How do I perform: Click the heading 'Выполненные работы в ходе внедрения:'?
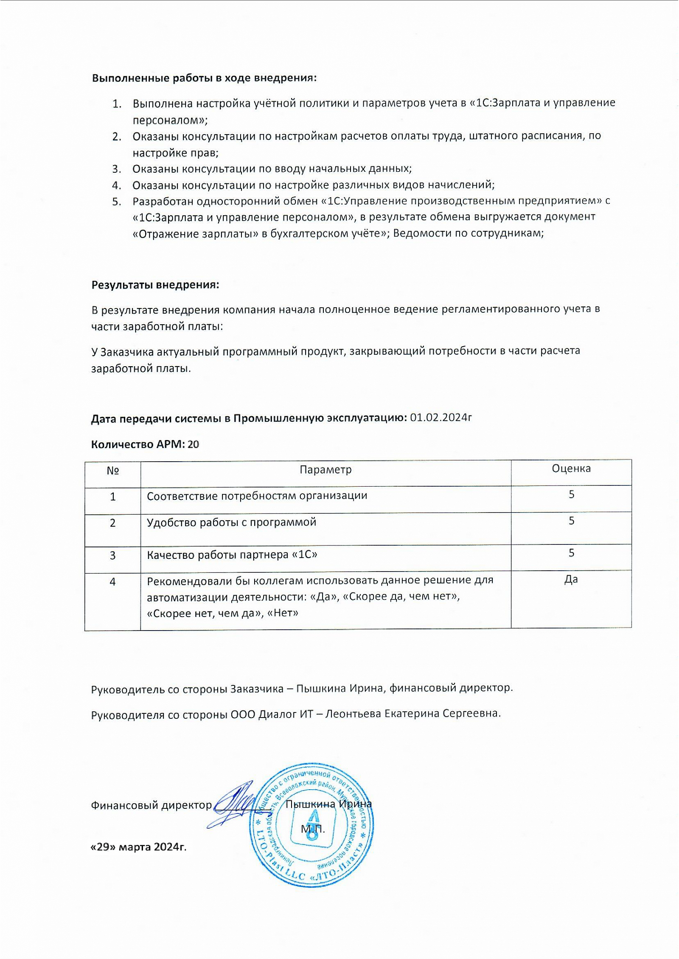(x=204, y=78)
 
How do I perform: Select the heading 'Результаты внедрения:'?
(x=155, y=285)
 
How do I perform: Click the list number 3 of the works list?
(x=117, y=169)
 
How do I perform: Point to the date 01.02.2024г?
(x=441, y=418)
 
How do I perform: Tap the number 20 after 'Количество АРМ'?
(x=193, y=444)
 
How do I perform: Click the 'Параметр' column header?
(x=325, y=470)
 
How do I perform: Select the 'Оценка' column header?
(x=571, y=468)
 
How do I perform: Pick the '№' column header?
(x=112, y=471)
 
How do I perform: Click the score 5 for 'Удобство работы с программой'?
(x=572, y=521)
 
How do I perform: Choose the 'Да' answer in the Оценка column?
(x=571, y=580)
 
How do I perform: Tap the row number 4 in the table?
(x=112, y=582)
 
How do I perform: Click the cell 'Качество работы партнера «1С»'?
(x=232, y=555)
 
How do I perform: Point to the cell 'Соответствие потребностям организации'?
(x=257, y=496)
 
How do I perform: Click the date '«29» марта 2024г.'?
(x=139, y=847)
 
